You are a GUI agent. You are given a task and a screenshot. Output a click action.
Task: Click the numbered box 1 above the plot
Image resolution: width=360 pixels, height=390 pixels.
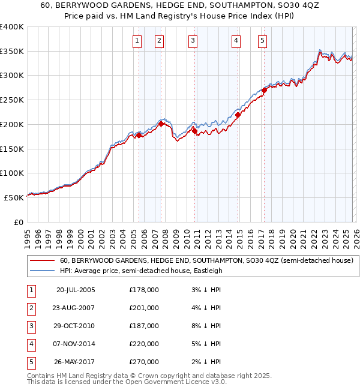click(137, 41)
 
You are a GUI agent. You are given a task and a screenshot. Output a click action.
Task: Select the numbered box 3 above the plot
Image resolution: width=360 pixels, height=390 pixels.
click(193, 41)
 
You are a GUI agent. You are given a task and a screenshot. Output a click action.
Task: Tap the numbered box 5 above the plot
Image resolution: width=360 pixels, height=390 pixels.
click(263, 41)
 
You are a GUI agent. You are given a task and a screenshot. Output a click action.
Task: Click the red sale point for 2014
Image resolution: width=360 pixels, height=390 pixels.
click(238, 115)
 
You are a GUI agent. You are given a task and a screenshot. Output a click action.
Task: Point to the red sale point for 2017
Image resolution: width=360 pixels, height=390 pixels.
click(264, 91)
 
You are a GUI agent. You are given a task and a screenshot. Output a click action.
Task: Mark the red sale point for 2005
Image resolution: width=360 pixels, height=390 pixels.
click(139, 135)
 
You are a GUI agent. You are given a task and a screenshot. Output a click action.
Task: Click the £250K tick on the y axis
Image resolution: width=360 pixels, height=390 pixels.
click(12, 100)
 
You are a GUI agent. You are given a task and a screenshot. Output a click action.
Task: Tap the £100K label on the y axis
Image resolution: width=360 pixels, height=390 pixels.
click(12, 173)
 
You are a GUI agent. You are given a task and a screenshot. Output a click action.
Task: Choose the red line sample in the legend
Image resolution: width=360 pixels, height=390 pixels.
click(43, 261)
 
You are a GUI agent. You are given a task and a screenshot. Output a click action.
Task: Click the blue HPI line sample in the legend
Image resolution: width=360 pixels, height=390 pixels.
click(43, 271)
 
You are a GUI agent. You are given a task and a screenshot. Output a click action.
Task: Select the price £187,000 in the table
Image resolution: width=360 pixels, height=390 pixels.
click(144, 326)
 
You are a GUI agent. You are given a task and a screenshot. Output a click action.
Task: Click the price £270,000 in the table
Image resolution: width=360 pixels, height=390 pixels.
click(144, 362)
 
